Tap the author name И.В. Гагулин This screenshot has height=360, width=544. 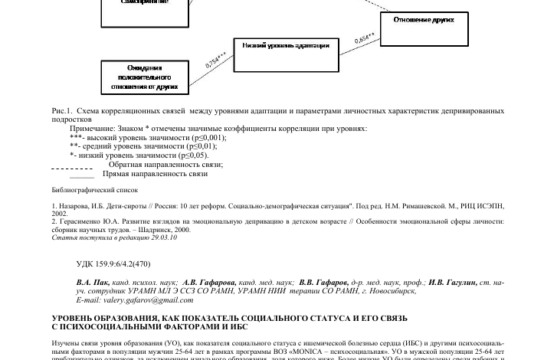452,283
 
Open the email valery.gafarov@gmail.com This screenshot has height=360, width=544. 136,300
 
